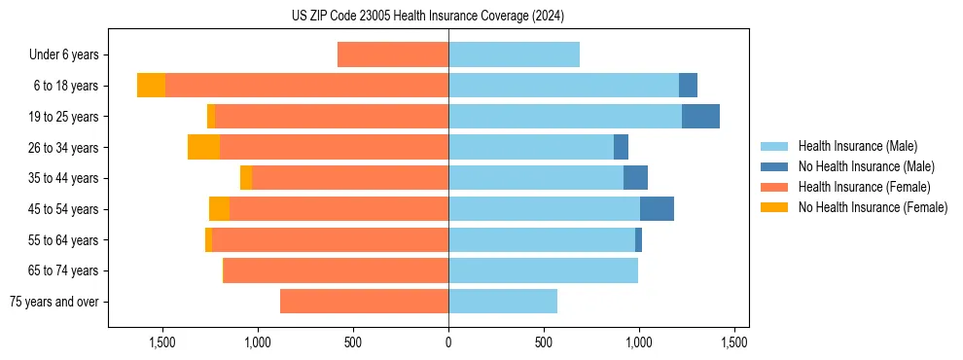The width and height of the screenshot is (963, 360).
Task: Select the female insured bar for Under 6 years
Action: (x=393, y=54)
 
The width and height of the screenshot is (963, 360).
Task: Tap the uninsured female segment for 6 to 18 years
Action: (x=151, y=86)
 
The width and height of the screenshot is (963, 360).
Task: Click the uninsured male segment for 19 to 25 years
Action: (x=700, y=117)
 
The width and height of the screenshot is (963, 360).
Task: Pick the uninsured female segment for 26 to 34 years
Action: (x=203, y=147)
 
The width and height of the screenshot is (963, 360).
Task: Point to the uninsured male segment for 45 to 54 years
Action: (x=657, y=209)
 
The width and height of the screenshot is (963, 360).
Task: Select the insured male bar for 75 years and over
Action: (x=503, y=302)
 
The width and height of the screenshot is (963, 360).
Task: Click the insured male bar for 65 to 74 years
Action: (x=543, y=270)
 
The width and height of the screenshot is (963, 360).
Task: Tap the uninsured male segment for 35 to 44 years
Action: (x=635, y=178)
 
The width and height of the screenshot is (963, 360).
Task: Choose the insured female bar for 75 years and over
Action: (x=364, y=302)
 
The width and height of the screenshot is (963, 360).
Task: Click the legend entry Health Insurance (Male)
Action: (x=857, y=146)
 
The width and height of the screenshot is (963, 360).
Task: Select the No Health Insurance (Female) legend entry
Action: (x=873, y=207)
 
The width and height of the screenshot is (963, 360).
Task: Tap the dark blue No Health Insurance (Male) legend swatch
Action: (x=775, y=166)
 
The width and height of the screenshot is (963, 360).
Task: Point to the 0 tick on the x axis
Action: (x=448, y=342)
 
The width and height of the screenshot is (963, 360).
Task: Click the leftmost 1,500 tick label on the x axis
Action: (x=161, y=342)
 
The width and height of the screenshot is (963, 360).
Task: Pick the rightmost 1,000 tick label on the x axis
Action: (x=639, y=342)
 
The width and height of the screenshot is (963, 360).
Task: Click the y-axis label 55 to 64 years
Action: (x=64, y=240)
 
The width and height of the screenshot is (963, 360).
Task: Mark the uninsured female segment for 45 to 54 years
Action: (x=219, y=209)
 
